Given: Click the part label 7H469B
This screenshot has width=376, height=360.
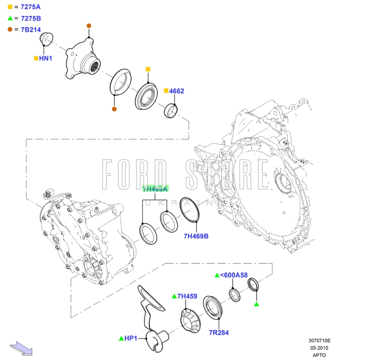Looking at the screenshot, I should (x=196, y=236).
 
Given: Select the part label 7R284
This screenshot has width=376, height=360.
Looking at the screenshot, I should (x=219, y=333).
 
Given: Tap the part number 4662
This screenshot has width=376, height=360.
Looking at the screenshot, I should (x=177, y=91).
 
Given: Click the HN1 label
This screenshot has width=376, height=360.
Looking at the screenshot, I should (x=46, y=58).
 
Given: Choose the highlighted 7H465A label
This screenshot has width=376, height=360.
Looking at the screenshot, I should (x=155, y=189).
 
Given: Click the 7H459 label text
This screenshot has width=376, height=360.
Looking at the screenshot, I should (x=187, y=296).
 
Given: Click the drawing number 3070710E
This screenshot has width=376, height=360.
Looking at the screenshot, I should (x=319, y=341).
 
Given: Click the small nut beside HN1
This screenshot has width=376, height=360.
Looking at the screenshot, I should (x=46, y=39).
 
